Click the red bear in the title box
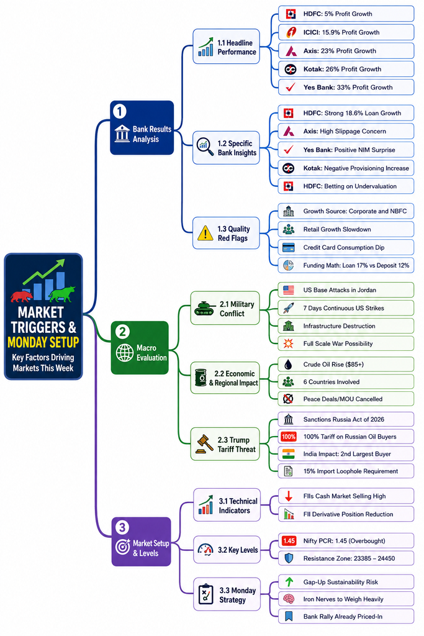pos(22,296)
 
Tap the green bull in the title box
pos(62,294)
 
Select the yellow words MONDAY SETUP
pos(43,342)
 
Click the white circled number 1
pos(120,111)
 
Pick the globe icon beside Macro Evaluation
pos(124,353)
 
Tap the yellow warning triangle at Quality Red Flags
pos(205,234)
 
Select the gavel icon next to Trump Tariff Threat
pos(205,443)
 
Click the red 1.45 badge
pos(289,541)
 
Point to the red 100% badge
pos(289,437)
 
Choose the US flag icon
pos(289,290)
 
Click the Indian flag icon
pos(289,454)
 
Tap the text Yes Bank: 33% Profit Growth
pos(348,87)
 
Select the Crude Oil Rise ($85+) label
pos(333,364)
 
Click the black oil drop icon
pos(288,364)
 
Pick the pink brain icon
pos(289,599)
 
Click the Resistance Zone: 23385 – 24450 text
pos(349,558)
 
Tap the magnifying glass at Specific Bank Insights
pos(205,147)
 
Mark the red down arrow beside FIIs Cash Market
pos(289,496)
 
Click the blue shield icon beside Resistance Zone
pos(289,558)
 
